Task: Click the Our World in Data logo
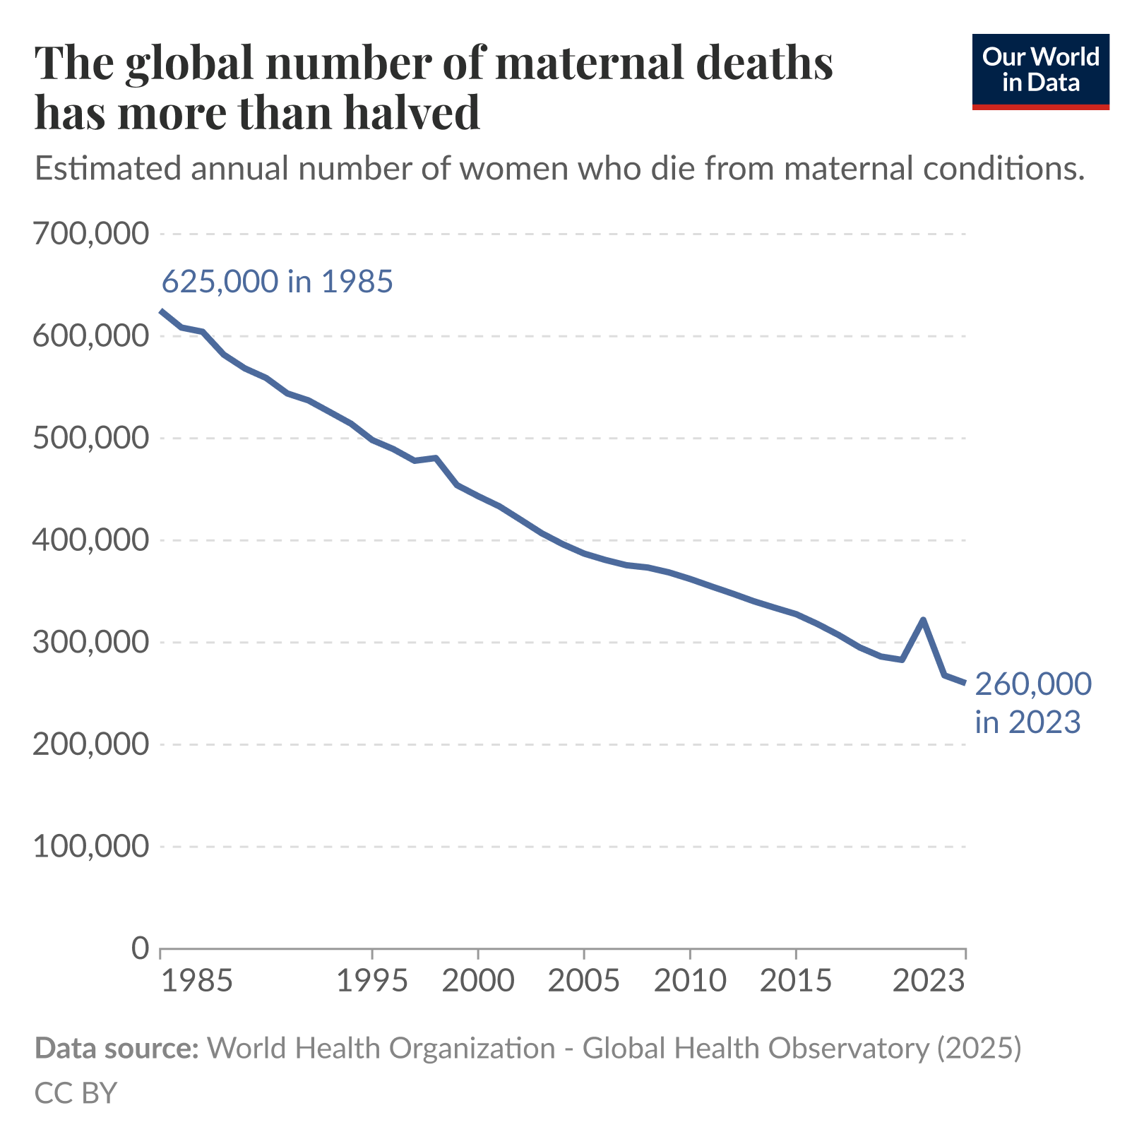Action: click(1040, 71)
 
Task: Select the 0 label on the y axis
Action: click(141, 948)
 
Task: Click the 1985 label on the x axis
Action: click(196, 981)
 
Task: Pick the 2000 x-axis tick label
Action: click(478, 981)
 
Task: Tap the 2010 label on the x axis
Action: click(690, 981)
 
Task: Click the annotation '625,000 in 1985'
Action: click(277, 282)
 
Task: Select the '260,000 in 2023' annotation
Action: click(1032, 703)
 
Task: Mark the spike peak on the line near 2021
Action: click(923, 620)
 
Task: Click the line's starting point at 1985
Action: click(162, 311)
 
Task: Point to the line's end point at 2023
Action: click(965, 682)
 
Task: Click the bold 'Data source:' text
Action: click(117, 1048)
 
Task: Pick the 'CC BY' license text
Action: click(76, 1092)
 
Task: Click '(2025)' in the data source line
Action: click(979, 1048)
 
